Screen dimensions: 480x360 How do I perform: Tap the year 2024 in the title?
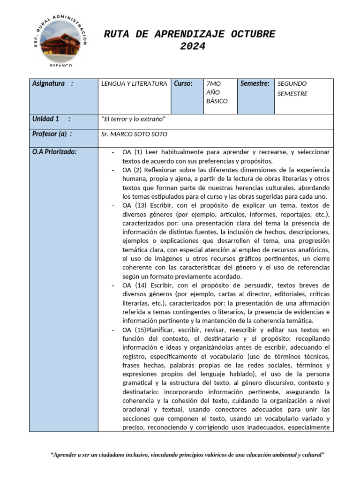click(193, 46)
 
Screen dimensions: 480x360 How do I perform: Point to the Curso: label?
click(183, 84)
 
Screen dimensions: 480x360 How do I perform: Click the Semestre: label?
click(255, 84)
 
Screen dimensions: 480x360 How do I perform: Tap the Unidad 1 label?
click(51, 119)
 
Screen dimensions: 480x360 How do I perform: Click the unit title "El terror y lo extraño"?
click(133, 120)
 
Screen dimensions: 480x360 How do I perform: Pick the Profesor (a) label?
click(52, 134)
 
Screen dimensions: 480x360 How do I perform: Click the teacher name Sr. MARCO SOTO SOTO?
click(134, 135)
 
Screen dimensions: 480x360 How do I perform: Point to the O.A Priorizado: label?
click(54, 152)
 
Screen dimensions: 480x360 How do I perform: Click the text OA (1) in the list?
click(133, 152)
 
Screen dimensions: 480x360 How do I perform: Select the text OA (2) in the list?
click(133, 170)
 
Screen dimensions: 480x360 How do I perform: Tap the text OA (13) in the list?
click(135, 205)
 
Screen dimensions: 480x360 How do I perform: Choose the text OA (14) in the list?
click(135, 285)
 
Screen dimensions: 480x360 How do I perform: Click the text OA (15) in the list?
click(135, 330)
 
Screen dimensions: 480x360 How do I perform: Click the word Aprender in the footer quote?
click(66, 455)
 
